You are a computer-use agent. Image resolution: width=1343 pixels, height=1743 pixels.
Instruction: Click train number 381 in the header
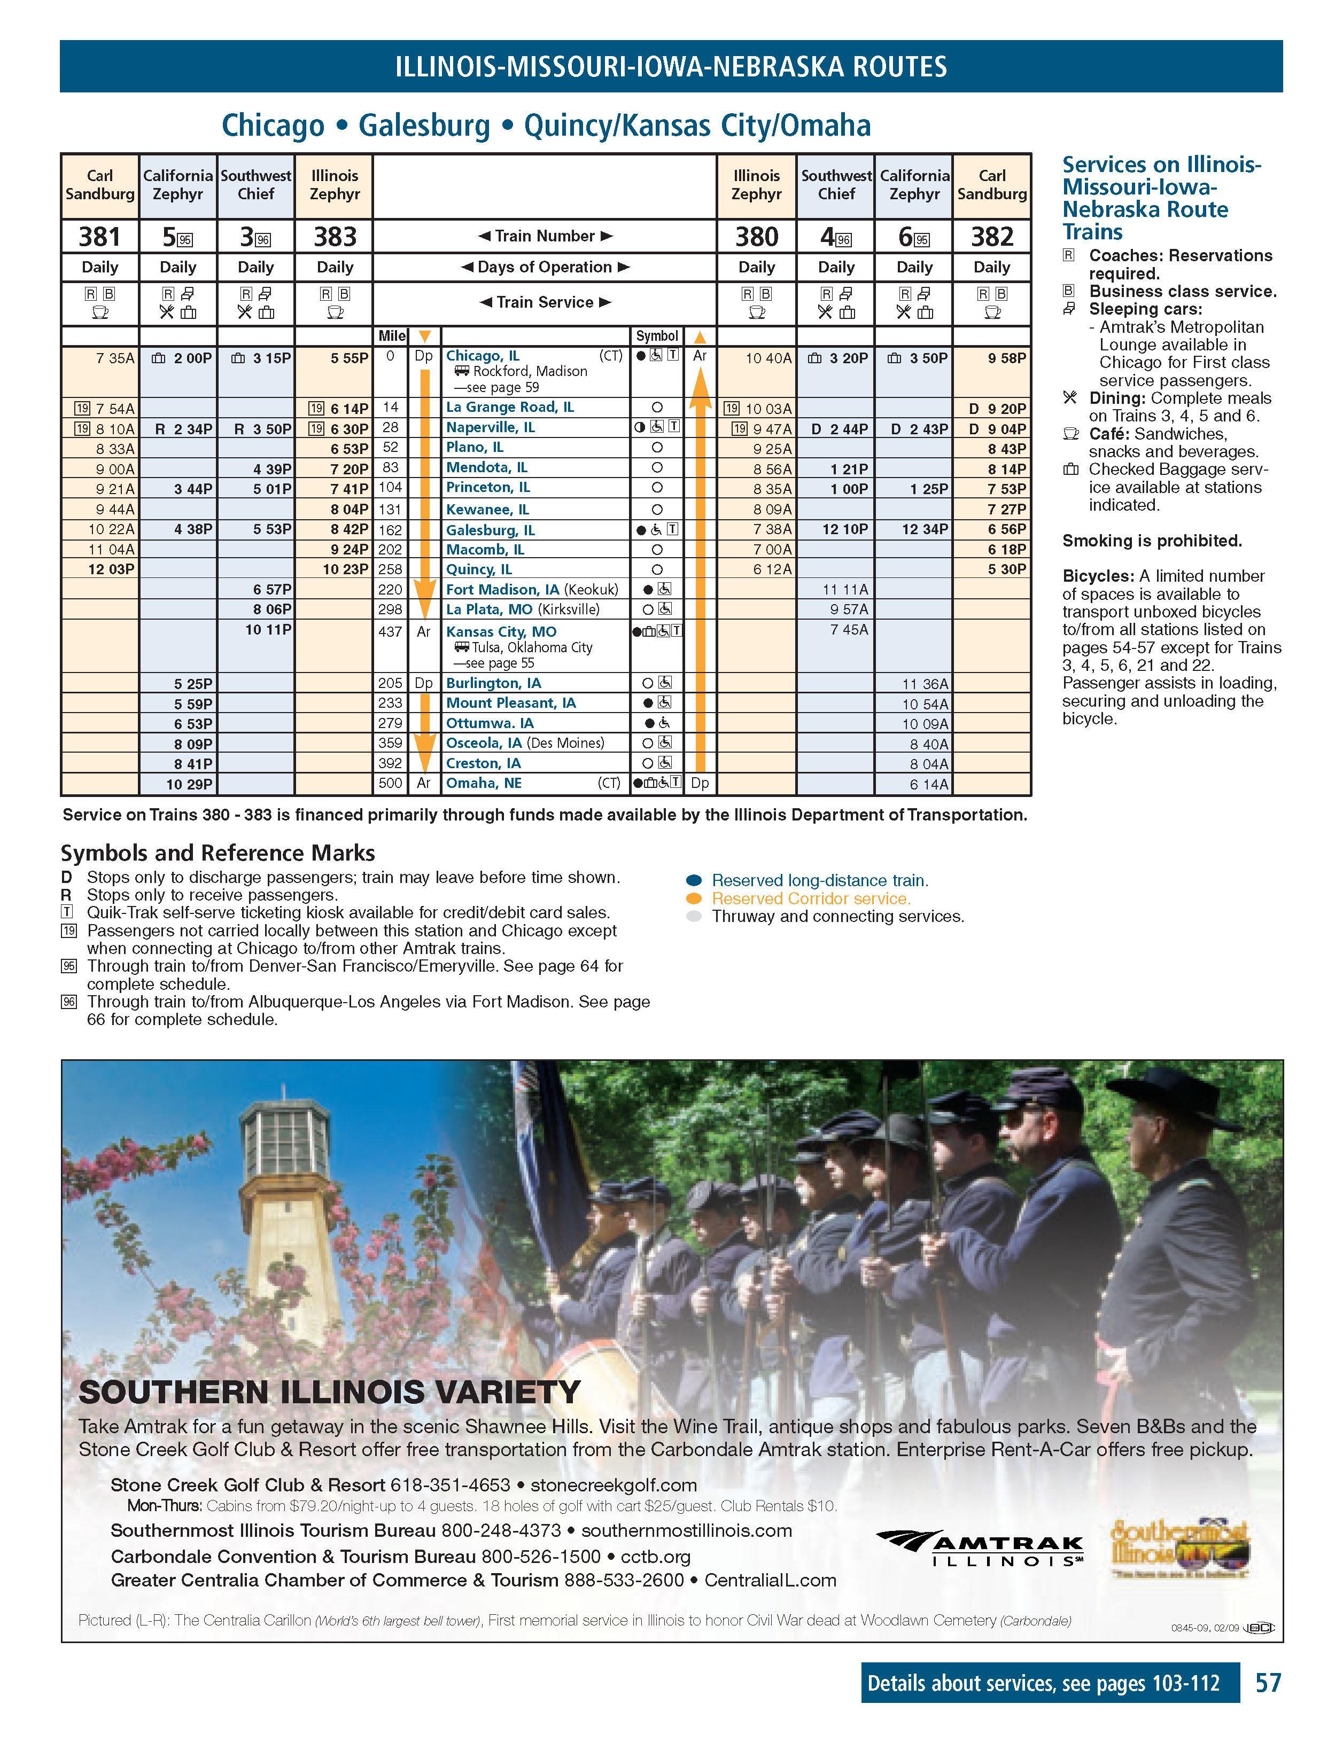pyautogui.click(x=99, y=237)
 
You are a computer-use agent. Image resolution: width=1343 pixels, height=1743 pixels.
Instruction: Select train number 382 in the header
pyautogui.click(x=992, y=237)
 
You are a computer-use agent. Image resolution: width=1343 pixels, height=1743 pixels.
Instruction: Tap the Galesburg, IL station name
pyautogui.click(x=490, y=530)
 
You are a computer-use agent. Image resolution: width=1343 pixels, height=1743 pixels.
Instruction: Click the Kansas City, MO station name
pyautogui.click(x=501, y=631)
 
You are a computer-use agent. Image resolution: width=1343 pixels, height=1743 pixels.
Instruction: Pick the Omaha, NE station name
pyautogui.click(x=483, y=783)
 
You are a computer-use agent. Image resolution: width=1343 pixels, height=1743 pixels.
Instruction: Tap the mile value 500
pyautogui.click(x=390, y=783)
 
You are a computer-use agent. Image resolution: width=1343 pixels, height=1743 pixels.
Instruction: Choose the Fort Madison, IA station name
pyautogui.click(x=502, y=590)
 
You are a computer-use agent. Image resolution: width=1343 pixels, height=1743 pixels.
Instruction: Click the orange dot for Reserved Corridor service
pyautogui.click(x=694, y=898)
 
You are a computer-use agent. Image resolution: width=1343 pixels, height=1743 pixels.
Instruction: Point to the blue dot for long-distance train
pyautogui.click(x=694, y=880)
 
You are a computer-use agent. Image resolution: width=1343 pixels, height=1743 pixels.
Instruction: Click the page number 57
pyautogui.click(x=1268, y=1683)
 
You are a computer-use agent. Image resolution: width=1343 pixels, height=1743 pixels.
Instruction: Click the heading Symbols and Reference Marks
pyautogui.click(x=217, y=853)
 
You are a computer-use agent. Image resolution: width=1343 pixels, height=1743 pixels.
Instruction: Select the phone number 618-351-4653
pyautogui.click(x=449, y=1485)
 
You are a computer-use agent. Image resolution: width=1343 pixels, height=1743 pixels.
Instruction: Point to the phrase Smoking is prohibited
pyautogui.click(x=1151, y=541)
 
